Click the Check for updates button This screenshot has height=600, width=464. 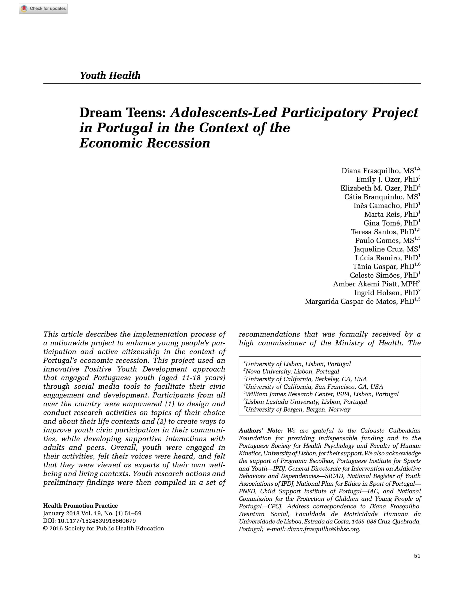(x=43, y=8)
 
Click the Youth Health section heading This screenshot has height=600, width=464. (x=110, y=75)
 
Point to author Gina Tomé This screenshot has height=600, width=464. (x=382, y=223)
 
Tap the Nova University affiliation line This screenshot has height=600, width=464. (x=292, y=372)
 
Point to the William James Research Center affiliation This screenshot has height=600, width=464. (x=322, y=394)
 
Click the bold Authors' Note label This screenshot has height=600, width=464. (x=260, y=431)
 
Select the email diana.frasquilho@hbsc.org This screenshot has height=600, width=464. (x=323, y=529)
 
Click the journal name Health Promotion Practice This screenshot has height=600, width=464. (x=80, y=506)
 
